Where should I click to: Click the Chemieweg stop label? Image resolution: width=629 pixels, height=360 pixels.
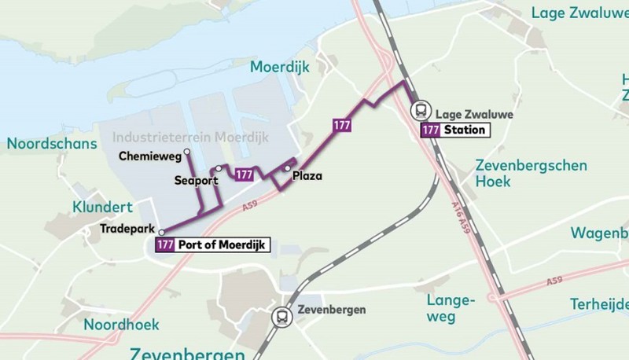click(149, 156)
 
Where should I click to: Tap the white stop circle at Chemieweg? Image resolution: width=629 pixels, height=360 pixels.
click(186, 152)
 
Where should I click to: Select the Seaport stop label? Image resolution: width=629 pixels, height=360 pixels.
click(196, 180)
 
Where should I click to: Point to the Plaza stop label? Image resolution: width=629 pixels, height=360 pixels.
click(307, 177)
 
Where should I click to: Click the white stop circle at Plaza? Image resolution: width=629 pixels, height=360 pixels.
click(288, 168)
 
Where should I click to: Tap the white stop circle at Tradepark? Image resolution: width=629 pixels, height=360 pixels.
click(162, 233)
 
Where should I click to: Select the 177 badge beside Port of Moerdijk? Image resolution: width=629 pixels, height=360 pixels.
click(166, 244)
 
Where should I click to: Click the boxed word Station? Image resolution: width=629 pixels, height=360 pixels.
click(464, 130)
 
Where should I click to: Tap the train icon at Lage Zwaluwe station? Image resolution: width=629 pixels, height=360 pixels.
click(421, 110)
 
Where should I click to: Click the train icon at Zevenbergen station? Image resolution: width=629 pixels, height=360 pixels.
click(280, 317)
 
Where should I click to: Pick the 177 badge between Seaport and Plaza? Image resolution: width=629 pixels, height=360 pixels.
click(245, 174)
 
